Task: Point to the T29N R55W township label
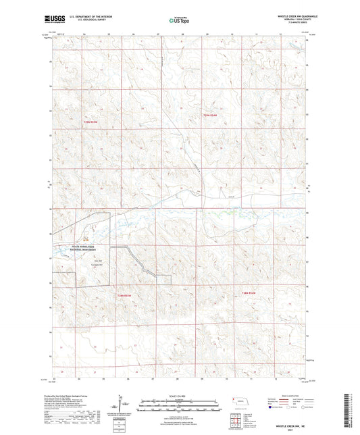(91, 122)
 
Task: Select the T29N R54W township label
(212, 116)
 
